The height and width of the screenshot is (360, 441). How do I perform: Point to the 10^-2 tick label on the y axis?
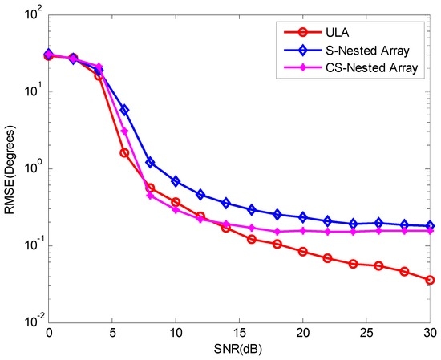[30, 322]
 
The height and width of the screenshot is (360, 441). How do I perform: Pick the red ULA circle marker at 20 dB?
[301, 251]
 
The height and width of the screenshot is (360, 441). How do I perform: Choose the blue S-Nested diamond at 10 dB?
[175, 181]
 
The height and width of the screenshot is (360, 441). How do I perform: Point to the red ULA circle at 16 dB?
[251, 239]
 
